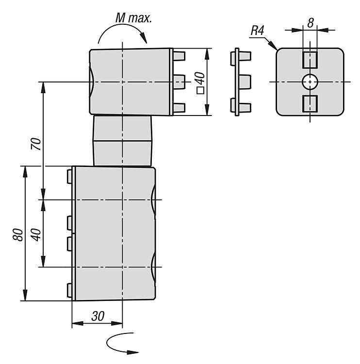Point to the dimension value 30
[98, 316]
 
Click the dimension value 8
[310, 21]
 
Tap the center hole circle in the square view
[310, 82]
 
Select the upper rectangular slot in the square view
[310, 60]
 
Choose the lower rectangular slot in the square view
[310, 104]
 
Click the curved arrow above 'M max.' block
[121, 33]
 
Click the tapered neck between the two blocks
[122, 141]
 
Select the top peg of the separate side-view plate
[245, 56]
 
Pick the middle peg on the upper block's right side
[179, 82]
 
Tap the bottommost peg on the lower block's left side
[69, 290]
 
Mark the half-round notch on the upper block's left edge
[92, 82]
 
